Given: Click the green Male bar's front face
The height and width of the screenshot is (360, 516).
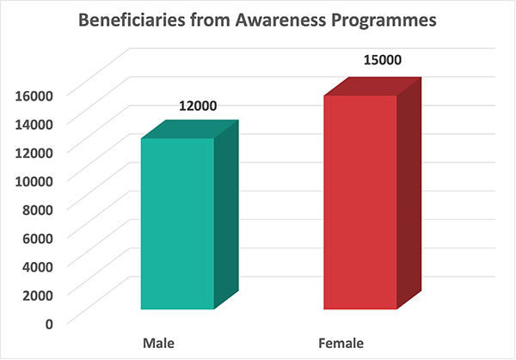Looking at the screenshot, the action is coord(178,224).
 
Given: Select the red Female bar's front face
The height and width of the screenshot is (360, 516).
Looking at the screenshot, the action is coord(360,203).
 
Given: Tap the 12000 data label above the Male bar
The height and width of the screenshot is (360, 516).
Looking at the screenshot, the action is coord(198,106).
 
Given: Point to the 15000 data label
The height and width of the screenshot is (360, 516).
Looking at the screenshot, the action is coord(383,60).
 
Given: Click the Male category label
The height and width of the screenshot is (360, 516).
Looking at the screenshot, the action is coord(158,343).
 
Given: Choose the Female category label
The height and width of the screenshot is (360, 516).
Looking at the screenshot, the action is coord(341,343).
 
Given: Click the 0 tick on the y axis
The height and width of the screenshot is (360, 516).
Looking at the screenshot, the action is coord(49,324).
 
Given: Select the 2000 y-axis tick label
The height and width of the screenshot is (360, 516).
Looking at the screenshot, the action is coord(38,296).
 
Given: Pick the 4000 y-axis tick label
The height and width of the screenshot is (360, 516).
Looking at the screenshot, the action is coord(38,266).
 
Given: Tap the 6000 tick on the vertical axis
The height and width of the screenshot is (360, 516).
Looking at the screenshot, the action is coord(38,238).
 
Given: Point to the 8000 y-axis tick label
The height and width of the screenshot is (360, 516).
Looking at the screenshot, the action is coord(38,210).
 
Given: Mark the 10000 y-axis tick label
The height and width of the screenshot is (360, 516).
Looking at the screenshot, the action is coord(34,181).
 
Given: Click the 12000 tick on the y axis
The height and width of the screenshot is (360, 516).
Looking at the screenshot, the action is coord(34,153).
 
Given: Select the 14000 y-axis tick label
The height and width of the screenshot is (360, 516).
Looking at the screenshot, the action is coord(34,125).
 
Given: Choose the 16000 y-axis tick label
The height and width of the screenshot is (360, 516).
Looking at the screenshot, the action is coord(34,95).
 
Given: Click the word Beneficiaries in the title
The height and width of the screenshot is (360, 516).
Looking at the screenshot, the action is coord(132,20).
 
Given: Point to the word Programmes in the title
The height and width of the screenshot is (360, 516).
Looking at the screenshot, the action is coord(384,21).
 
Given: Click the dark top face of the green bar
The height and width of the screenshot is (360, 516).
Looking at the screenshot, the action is coord(190,129).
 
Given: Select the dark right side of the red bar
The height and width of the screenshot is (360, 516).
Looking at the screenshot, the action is coord(409,193).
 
